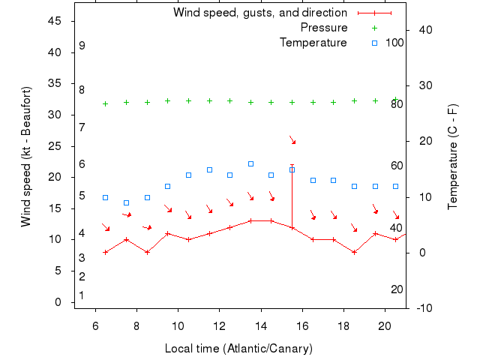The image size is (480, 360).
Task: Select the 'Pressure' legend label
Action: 324,28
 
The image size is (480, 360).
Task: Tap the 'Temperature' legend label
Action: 313,43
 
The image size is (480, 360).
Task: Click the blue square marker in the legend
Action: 375,43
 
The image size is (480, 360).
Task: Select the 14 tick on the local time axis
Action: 261,326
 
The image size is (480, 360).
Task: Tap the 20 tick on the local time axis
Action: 385,326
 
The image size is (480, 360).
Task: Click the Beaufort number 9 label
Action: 82,46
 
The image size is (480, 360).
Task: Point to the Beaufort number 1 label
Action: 82,295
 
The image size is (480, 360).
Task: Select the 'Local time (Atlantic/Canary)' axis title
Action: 238,349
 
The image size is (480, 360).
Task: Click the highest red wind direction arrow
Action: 292,140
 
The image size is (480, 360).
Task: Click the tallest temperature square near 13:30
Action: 250,163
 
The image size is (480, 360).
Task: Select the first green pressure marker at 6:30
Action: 105,103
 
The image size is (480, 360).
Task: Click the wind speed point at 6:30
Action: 105,252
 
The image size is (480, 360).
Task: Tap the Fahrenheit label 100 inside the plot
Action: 394,43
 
